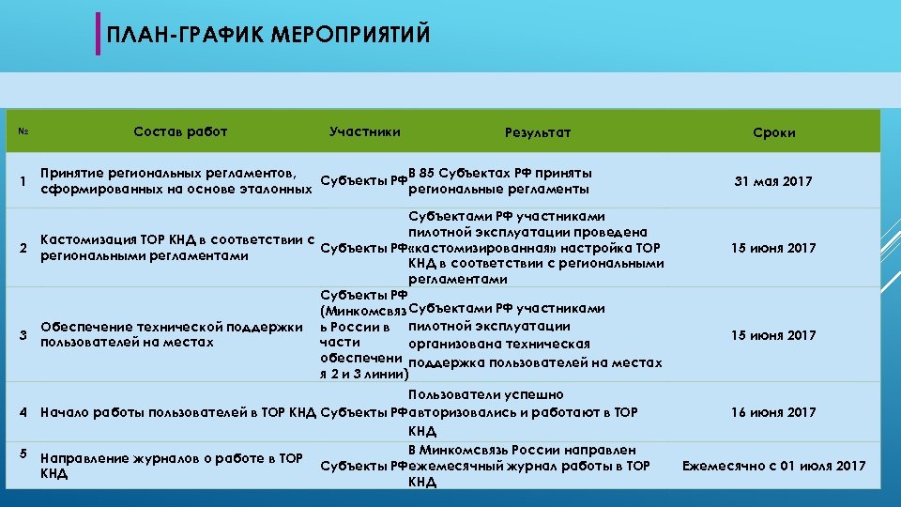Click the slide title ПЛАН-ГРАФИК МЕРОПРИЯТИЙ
point(268,36)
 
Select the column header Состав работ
point(180,131)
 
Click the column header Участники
point(365,131)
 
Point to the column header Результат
point(537,132)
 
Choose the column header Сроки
point(774,132)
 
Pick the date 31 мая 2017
point(774,181)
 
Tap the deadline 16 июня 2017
point(774,412)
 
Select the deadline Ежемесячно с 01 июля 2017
point(774,466)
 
